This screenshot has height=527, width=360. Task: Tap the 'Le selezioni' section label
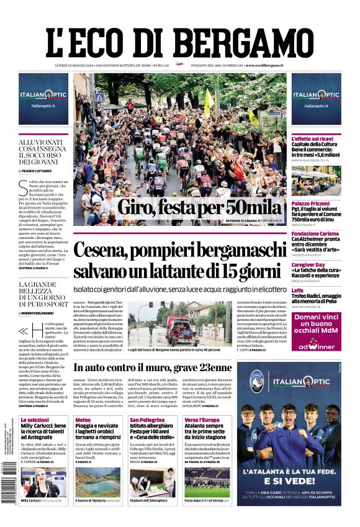(x=35, y=420)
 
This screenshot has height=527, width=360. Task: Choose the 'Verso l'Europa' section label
(x=202, y=420)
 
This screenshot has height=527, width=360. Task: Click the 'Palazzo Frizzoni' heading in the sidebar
(x=313, y=204)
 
